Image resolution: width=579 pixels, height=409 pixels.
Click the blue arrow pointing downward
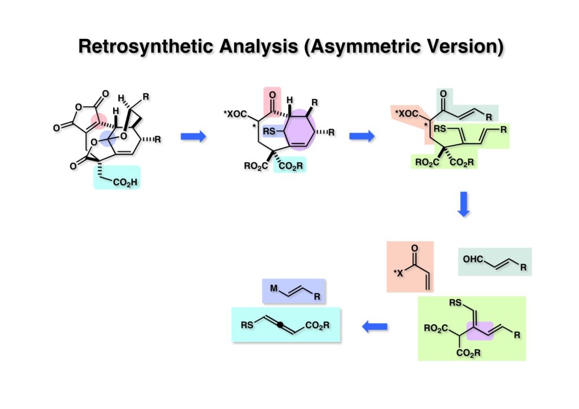pos(464,204)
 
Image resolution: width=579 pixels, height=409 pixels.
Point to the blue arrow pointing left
pos(374,326)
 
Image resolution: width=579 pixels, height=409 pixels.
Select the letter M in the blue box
pos(273,289)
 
